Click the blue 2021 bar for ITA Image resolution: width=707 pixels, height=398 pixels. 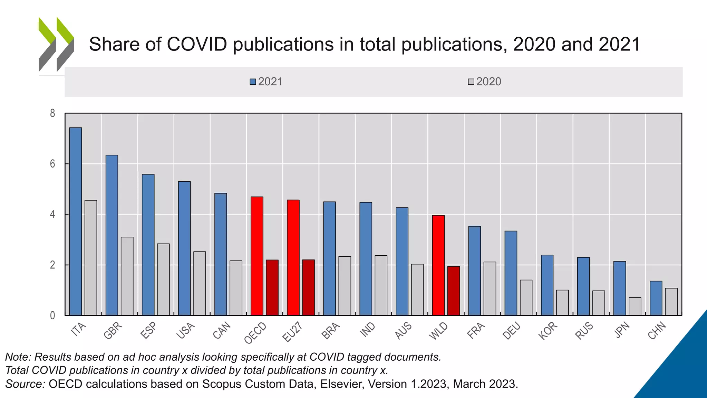(76, 221)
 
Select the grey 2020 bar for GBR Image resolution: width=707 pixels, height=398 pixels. (127, 276)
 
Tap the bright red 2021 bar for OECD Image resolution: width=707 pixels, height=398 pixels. (257, 256)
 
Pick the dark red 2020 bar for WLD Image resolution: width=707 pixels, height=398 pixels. (454, 291)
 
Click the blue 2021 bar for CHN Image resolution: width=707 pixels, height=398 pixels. (656, 298)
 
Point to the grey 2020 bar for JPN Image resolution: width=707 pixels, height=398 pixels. (635, 306)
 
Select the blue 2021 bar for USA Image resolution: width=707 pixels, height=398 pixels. (184, 248)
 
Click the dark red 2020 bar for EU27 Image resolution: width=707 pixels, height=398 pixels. (308, 287)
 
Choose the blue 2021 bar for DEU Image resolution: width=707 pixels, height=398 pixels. (511, 273)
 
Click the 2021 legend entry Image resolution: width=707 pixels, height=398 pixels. (266, 82)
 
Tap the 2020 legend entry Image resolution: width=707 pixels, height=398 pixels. (484, 82)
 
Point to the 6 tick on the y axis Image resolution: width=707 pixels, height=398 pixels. (52, 164)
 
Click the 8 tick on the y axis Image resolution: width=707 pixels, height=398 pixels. (52, 113)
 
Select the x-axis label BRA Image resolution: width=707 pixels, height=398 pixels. (331, 330)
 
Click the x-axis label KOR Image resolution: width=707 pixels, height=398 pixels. (548, 331)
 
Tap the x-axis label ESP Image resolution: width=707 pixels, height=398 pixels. (149, 330)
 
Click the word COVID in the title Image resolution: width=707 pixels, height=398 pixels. (197, 44)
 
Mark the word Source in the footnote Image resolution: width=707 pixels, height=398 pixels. (25, 384)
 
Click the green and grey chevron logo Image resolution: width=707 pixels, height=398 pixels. (56, 44)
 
